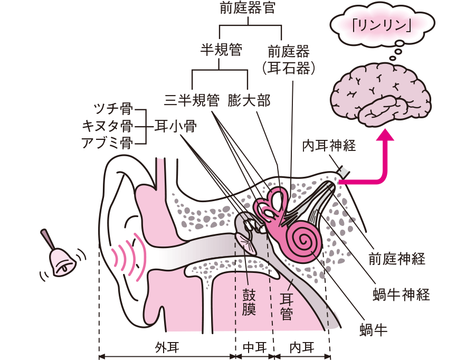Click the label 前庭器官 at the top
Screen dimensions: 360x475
(247, 9)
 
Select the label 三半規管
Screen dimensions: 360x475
(192, 100)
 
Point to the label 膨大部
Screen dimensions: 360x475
(250, 100)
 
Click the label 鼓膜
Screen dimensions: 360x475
(249, 301)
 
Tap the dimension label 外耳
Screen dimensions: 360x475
(167, 347)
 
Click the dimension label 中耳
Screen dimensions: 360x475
(254, 347)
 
